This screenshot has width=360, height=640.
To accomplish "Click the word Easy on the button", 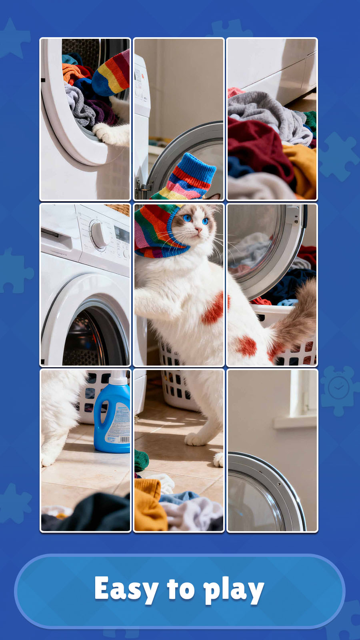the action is [x=126, y=589].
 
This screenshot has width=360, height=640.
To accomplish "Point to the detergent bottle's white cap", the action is [x=118, y=378].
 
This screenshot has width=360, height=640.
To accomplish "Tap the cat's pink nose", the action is [x=198, y=230].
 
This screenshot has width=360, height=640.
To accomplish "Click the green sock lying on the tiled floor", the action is [x=141, y=460].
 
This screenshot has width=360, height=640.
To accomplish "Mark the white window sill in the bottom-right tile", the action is [x=295, y=422].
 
